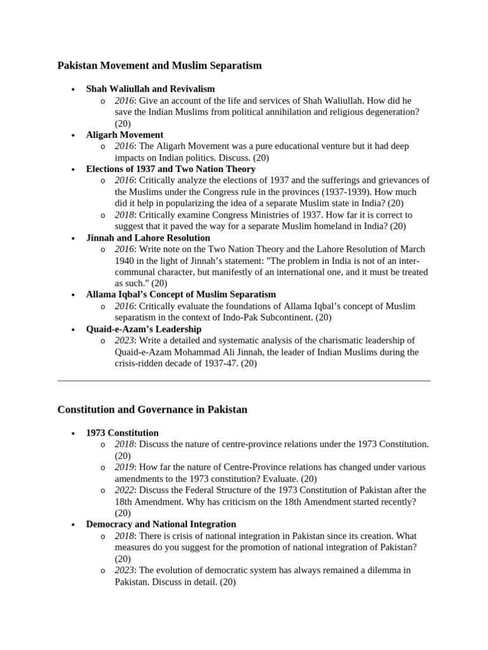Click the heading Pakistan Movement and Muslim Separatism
(x=159, y=65)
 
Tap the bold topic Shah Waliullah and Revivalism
(x=151, y=89)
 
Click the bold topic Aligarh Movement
(x=125, y=135)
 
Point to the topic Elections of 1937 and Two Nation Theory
(x=170, y=169)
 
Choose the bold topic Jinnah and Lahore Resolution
(x=148, y=237)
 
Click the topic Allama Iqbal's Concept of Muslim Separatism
(x=181, y=295)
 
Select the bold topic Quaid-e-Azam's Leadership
(x=144, y=329)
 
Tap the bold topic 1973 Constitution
(x=122, y=433)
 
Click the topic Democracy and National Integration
(x=161, y=524)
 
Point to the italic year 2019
(x=125, y=467)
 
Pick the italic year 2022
(x=125, y=490)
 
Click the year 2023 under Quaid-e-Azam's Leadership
(x=125, y=340)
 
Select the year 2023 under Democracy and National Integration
(x=125, y=570)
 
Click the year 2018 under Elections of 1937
(x=125, y=215)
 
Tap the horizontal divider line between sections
(x=244, y=381)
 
